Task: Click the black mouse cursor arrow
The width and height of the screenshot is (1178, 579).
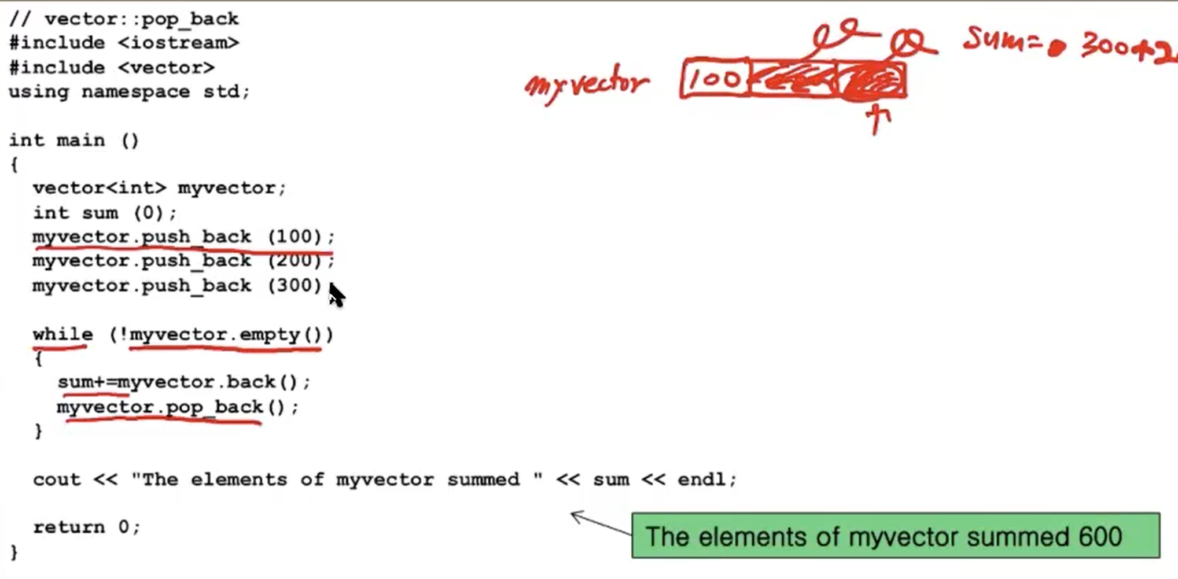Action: pos(336,295)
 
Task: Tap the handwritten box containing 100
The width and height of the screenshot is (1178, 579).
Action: pos(715,78)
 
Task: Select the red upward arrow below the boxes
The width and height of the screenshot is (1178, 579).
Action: pos(878,119)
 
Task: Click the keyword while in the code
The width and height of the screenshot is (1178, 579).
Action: pos(62,334)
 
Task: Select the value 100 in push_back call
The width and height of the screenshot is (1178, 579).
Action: pos(294,237)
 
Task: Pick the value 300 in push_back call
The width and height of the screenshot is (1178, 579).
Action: pos(294,285)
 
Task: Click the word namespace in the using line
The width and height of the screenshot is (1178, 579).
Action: pos(135,92)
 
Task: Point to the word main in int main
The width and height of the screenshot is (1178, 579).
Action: pos(80,141)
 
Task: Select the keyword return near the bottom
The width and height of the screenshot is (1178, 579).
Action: pos(69,527)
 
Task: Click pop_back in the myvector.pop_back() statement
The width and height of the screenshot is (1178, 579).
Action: pos(215,407)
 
